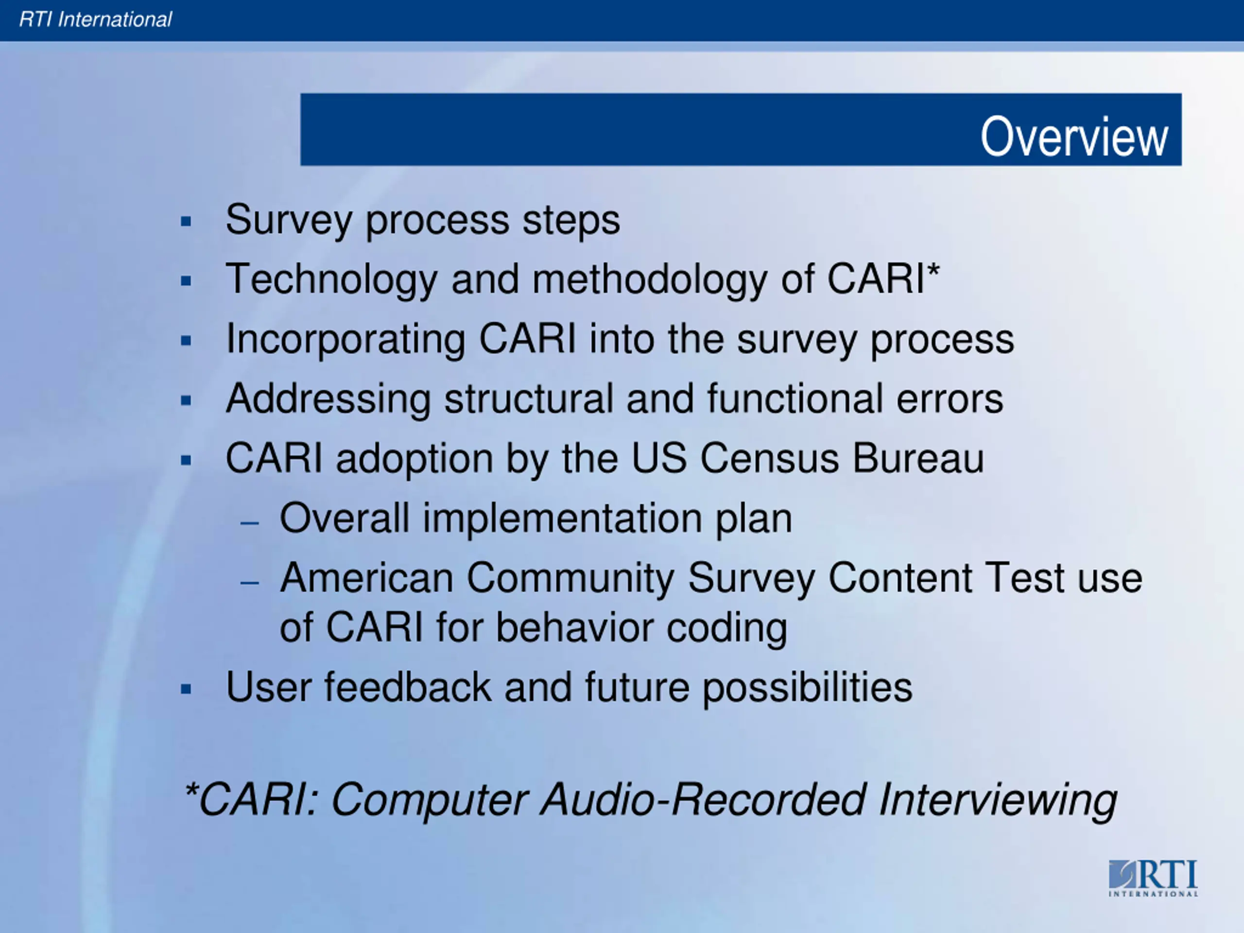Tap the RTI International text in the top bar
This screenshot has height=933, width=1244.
[x=95, y=20]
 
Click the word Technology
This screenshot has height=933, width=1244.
[x=331, y=279]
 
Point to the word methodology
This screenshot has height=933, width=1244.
[x=650, y=279]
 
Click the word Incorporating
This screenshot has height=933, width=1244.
[x=346, y=340]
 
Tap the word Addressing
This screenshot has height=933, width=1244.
[x=328, y=399]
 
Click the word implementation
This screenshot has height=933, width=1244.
[x=562, y=518]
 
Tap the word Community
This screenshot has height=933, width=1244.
[x=570, y=578]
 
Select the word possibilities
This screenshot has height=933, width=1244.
[x=808, y=689]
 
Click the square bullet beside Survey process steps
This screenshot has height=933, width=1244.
[x=186, y=221]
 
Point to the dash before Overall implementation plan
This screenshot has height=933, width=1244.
[x=250, y=522]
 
